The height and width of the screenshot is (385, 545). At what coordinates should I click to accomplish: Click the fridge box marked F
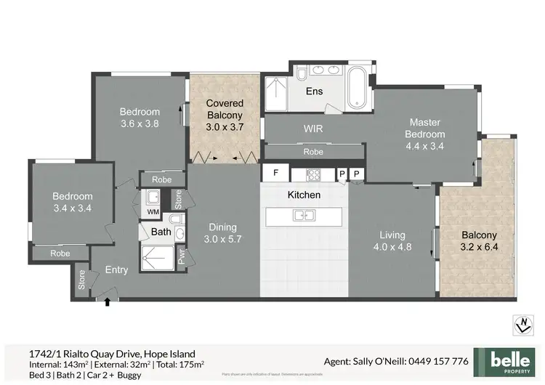275,173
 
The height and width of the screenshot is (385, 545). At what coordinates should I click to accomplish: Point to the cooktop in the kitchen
313,174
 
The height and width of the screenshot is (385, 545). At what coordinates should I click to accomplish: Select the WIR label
313,129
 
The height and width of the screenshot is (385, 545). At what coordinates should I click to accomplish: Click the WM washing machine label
153,211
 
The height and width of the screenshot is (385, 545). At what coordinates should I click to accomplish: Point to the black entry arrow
108,300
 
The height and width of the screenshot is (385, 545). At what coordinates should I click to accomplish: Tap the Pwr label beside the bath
181,256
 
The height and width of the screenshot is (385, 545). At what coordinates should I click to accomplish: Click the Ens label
314,92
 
